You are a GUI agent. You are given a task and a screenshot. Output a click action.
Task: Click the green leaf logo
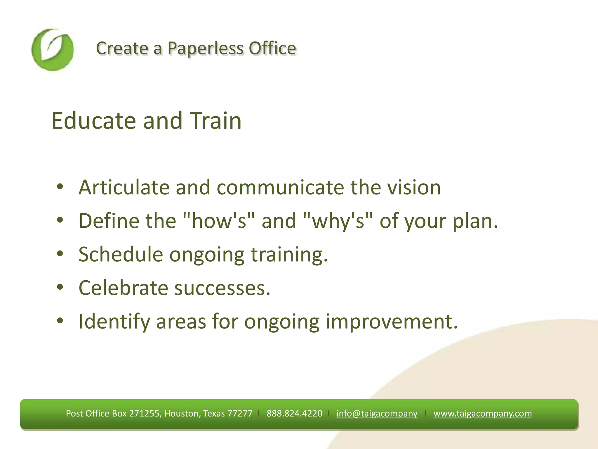click(53, 50)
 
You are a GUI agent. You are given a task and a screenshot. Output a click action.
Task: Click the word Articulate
click(124, 187)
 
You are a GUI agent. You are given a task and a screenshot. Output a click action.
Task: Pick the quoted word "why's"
click(338, 221)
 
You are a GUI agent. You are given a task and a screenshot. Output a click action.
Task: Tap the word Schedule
click(121, 254)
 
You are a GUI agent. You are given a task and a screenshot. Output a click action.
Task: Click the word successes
click(222, 288)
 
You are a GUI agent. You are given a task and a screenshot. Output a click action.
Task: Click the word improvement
click(391, 322)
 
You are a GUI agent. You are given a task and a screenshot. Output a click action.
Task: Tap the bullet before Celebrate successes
click(60, 287)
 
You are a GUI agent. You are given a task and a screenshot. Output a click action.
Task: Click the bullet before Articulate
click(60, 187)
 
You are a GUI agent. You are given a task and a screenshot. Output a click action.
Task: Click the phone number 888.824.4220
click(294, 413)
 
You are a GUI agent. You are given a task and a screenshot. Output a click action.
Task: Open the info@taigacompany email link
click(377, 413)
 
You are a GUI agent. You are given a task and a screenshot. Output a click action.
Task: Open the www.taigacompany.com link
click(482, 413)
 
